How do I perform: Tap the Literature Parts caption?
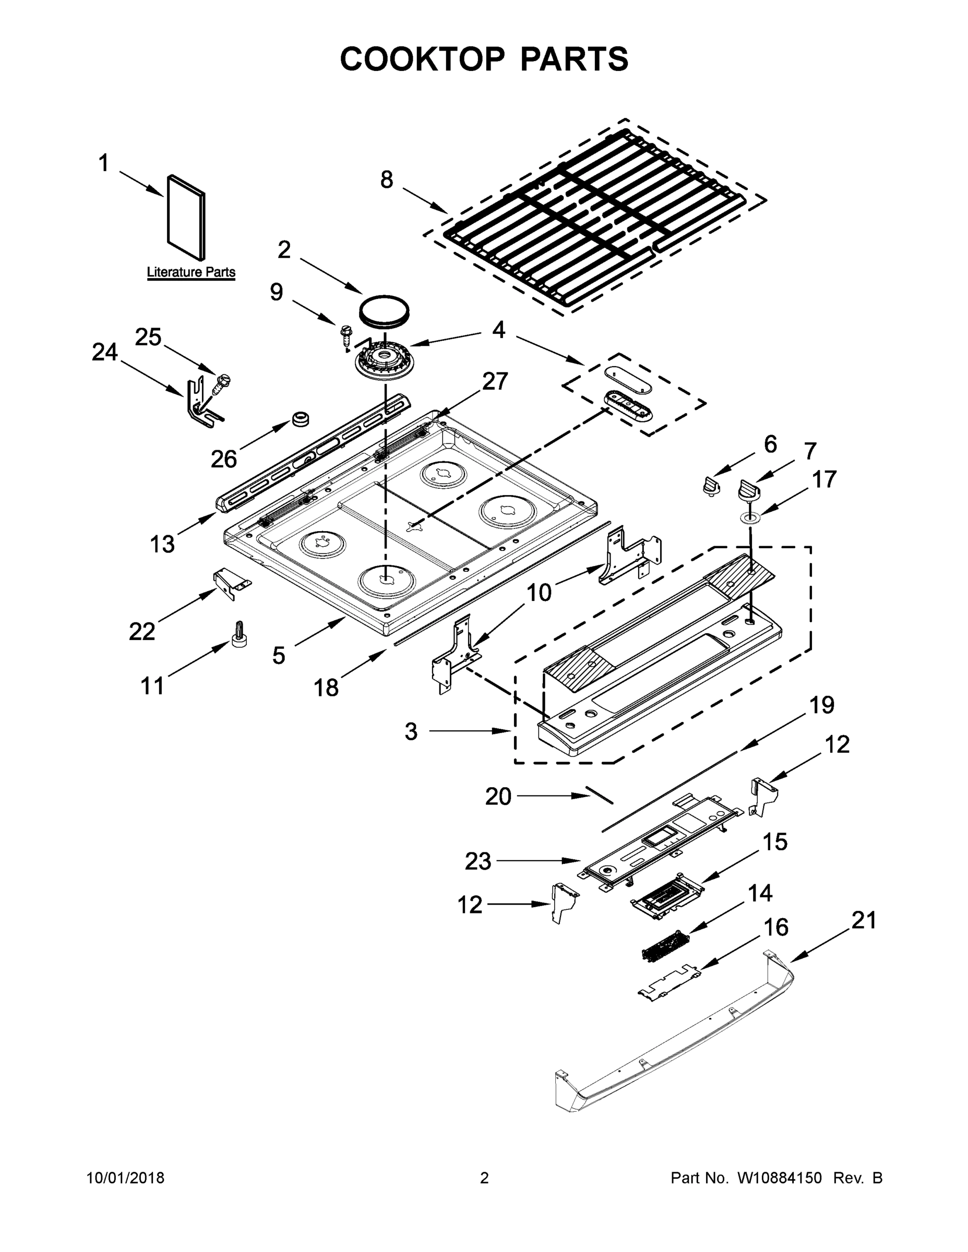[x=191, y=272]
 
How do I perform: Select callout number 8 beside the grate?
[x=387, y=180]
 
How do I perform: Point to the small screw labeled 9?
[x=346, y=334]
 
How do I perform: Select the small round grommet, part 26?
[x=300, y=418]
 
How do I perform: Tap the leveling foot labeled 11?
[x=239, y=633]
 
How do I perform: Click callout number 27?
[x=495, y=381]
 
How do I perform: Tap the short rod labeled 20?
[x=599, y=796]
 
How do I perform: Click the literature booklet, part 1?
[x=186, y=218]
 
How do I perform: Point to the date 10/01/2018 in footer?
[x=126, y=1177]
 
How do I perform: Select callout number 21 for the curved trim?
[x=864, y=920]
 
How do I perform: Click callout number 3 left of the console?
[x=411, y=731]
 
